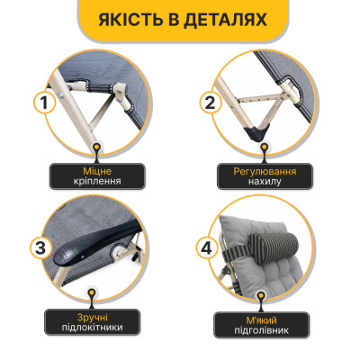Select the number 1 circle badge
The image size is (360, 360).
(x=41, y=105)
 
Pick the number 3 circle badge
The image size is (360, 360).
(x=41, y=247)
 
